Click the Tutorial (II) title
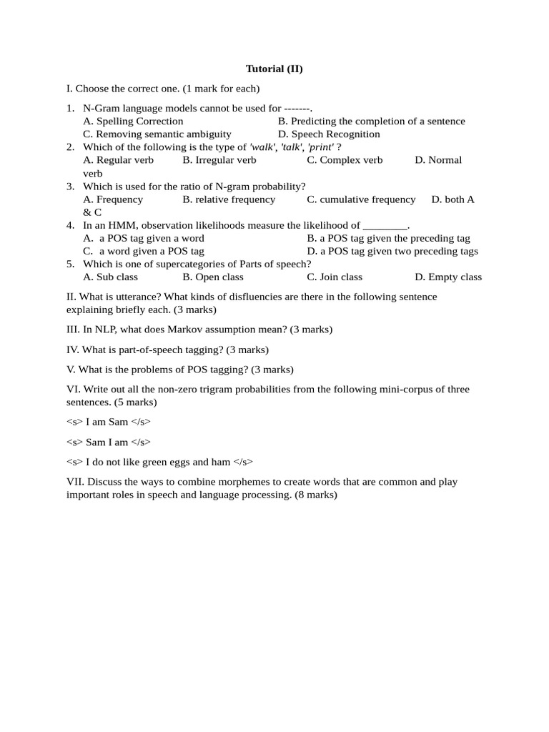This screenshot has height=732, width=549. pos(274,69)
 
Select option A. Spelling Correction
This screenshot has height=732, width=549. pos(133,121)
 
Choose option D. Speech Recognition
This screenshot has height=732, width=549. pos(329,134)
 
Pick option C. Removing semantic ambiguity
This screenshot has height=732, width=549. pos(157,134)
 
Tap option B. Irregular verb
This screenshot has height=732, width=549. pos(219,159)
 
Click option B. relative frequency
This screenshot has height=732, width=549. pos(229,199)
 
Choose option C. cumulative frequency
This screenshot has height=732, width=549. pos(361,199)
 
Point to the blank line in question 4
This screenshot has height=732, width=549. pos(385,225)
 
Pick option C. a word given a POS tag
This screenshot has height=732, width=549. pos(144,251)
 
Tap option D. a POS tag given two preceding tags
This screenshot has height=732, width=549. pos(392,251)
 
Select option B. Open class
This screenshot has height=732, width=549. pos(213,277)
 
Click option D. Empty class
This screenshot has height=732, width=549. pos(448,277)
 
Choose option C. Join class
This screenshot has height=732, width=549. pos(335,277)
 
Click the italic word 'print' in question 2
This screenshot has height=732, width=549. pos(320,147)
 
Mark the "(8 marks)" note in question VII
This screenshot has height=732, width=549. pos(315,495)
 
